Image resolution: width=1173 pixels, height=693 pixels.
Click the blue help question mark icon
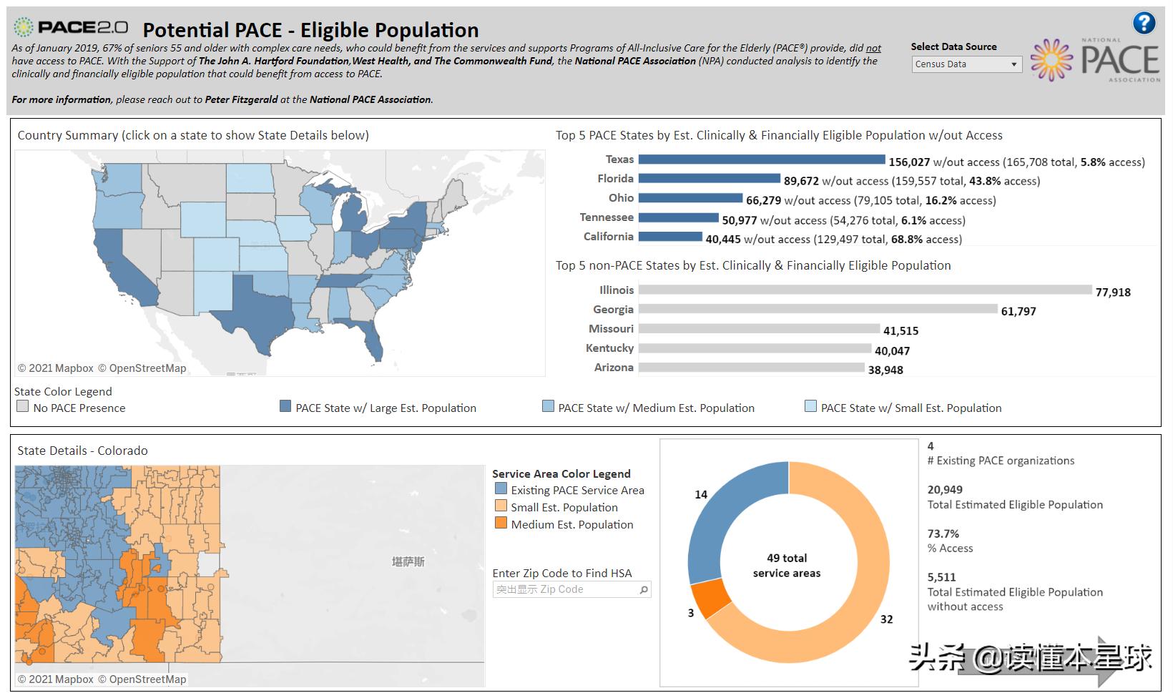pos(1144,23)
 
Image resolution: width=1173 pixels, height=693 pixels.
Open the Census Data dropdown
pos(966,64)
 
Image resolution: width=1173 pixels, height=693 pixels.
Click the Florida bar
pos(709,179)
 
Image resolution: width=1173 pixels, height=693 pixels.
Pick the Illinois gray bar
pos(865,290)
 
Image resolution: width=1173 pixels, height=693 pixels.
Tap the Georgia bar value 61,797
pos(1018,312)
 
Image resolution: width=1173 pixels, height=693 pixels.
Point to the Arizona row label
pos(614,368)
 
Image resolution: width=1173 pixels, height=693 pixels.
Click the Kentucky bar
pos(755,348)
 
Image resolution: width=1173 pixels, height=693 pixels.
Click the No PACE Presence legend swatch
pos(23,407)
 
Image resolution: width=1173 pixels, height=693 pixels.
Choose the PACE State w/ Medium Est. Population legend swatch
pos(548,407)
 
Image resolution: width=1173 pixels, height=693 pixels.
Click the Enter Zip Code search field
pos(565,589)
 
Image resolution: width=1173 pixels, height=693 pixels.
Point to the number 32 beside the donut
pos(886,619)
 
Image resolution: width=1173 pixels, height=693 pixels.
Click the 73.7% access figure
pos(943,534)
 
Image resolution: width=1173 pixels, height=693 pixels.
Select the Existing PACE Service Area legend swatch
pos(501,489)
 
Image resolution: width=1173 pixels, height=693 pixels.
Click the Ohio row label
pos(621,198)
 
